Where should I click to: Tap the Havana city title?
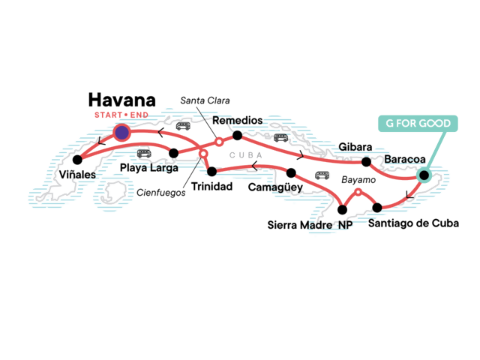click(121, 100)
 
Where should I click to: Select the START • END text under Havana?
click(122, 116)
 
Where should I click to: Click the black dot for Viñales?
click(77, 160)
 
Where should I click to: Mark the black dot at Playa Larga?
click(173, 153)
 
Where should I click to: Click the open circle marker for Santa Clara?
click(218, 141)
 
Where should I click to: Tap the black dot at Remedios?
click(237, 136)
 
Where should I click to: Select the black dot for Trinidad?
click(211, 171)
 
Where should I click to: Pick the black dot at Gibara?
click(366, 161)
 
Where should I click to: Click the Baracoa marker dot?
click(424, 176)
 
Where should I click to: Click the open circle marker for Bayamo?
click(358, 193)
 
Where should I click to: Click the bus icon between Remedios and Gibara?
click(281, 138)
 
